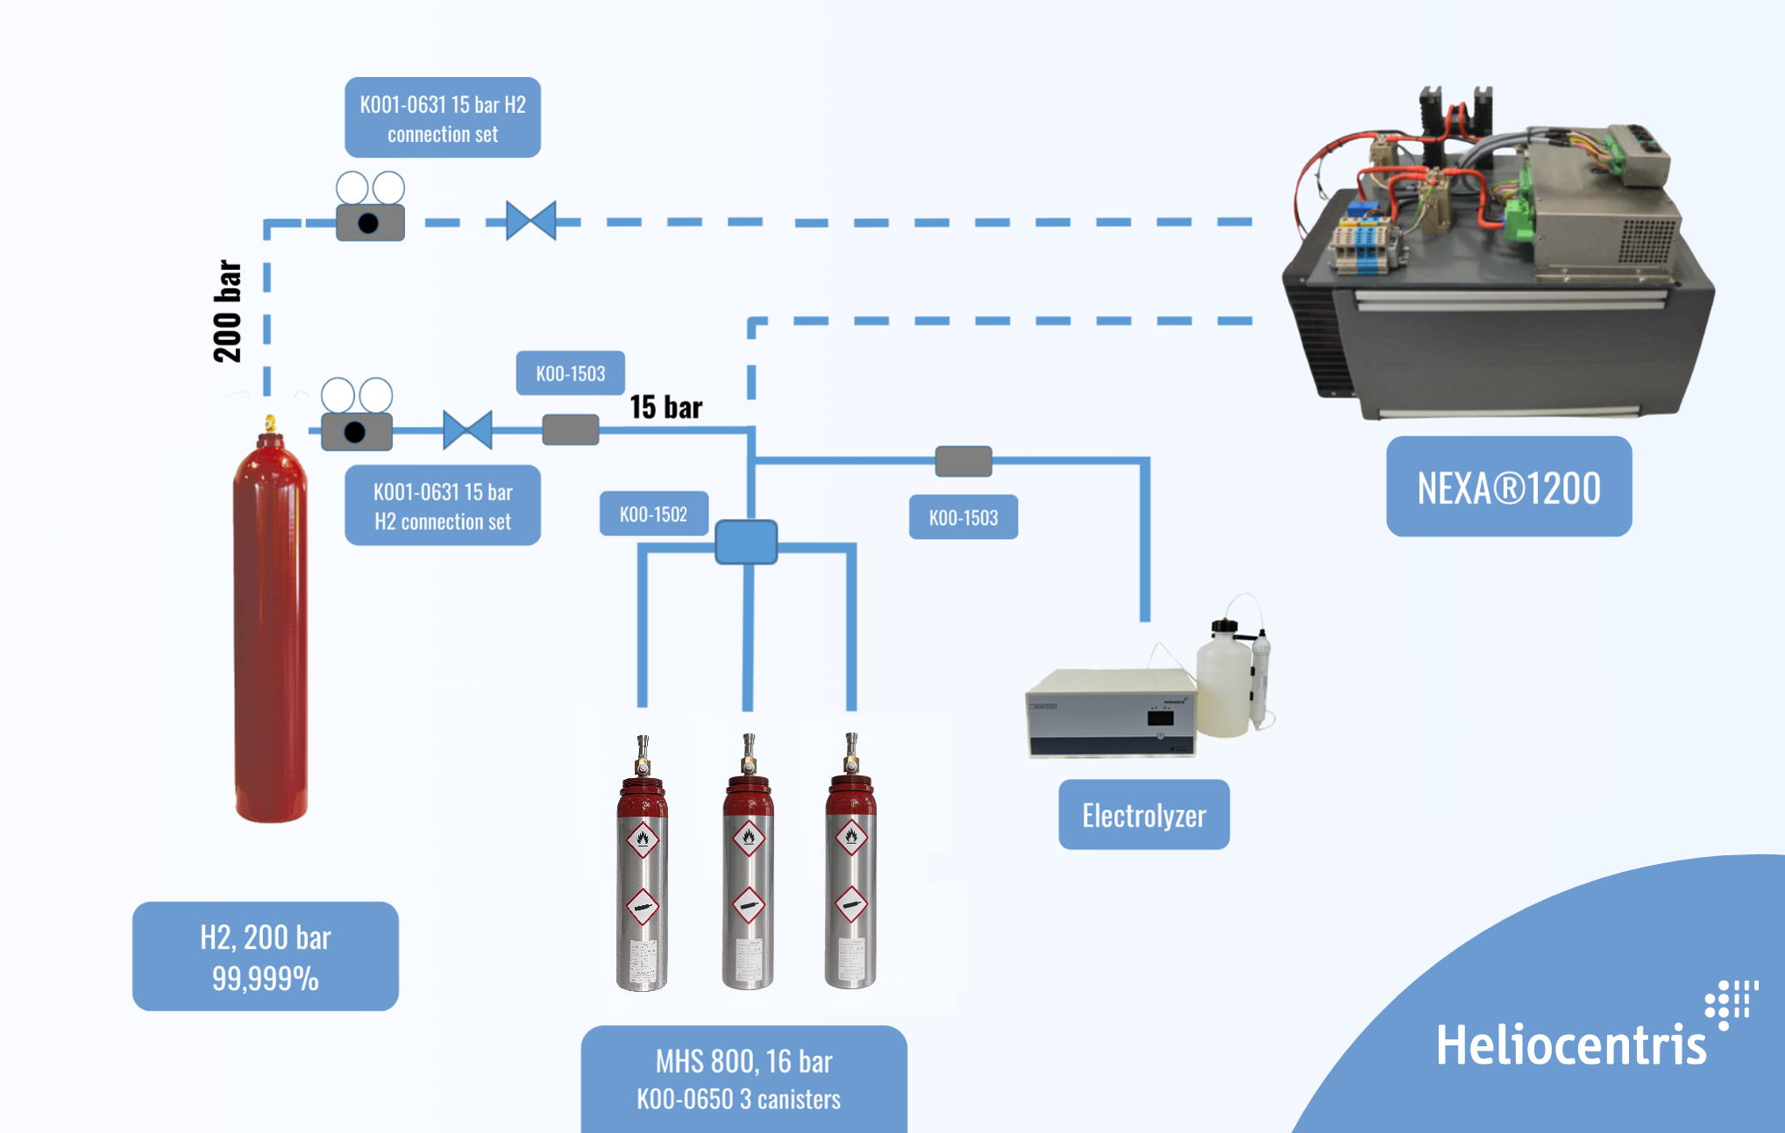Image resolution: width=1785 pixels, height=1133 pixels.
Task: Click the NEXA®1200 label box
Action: (1509, 486)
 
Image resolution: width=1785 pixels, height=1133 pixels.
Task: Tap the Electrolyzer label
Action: (1144, 814)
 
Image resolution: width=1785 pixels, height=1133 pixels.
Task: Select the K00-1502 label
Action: (654, 513)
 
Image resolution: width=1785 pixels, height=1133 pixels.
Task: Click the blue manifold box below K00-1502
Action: (746, 542)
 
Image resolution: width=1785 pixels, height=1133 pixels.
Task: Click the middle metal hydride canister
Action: (748, 862)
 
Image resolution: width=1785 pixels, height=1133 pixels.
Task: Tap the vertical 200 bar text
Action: (227, 311)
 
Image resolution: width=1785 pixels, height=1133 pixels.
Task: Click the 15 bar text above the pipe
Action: (666, 407)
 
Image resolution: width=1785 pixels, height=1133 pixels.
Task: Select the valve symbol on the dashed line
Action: (531, 221)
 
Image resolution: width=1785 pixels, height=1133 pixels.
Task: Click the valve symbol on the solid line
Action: (467, 430)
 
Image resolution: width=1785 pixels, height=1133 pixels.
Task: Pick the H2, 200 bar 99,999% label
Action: (266, 956)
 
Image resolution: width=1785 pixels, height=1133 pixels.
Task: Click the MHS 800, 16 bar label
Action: (744, 1079)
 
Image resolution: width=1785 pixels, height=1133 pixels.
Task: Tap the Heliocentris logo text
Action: (1571, 1044)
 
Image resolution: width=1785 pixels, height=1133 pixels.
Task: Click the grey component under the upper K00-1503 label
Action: (571, 430)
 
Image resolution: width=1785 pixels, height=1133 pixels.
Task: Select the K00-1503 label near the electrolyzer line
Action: (964, 517)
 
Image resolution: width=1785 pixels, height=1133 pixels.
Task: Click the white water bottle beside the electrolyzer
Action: (1224, 679)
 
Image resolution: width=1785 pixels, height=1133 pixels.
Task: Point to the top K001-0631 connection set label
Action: (443, 117)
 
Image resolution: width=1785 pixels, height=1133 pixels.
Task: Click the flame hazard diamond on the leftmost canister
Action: (643, 839)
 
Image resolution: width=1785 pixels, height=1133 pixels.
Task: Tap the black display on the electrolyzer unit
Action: (1160, 719)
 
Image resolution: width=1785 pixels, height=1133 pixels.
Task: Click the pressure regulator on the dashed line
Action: (370, 207)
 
